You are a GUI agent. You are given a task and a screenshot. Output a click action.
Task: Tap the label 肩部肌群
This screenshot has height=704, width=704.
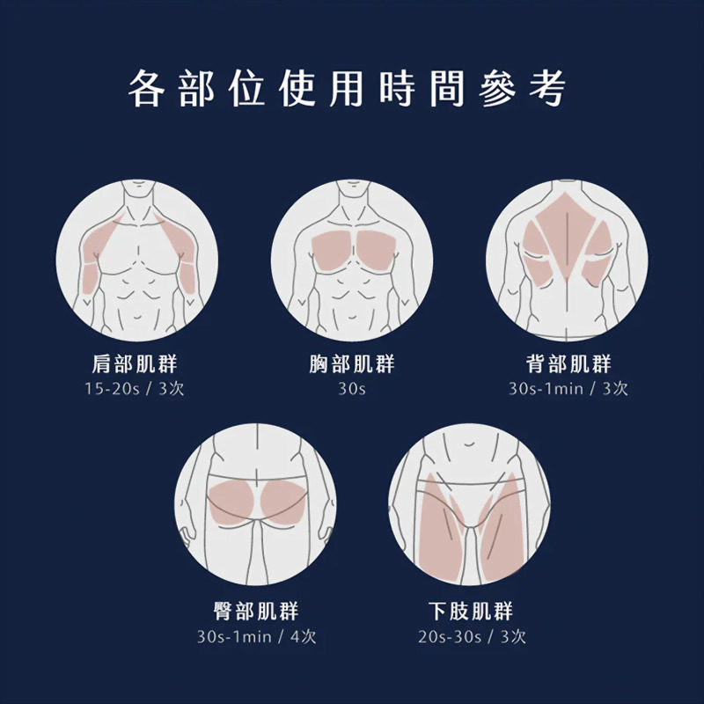pos(135,364)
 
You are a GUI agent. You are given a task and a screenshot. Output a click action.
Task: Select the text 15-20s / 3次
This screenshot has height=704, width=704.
pos(135,389)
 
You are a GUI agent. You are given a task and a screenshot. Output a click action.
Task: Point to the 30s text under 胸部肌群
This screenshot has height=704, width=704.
pos(352,389)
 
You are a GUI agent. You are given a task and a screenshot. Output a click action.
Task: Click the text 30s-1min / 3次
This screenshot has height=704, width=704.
pos(568,389)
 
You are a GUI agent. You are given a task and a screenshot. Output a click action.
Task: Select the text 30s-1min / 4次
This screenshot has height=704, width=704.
pos(256,636)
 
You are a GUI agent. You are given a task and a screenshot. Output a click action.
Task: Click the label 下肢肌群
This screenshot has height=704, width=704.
pos(470,612)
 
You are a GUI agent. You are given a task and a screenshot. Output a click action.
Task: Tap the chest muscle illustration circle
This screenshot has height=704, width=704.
pos(352,260)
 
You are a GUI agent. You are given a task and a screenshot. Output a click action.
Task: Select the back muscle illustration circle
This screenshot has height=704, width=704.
pos(567,260)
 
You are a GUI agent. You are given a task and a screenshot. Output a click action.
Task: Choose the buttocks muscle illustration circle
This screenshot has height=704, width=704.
pos(256,506)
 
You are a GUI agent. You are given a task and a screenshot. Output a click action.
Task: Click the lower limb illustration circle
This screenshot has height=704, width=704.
pos(469,506)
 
